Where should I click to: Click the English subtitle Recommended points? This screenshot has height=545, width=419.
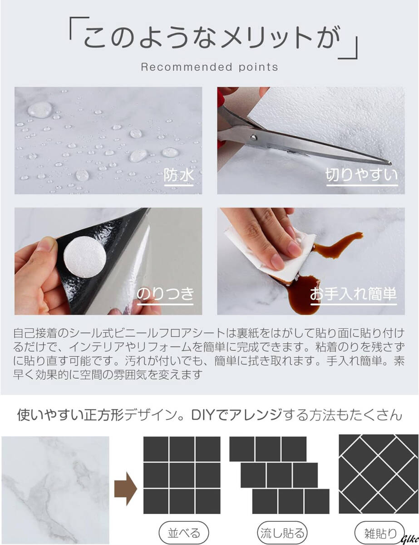pos(209,67)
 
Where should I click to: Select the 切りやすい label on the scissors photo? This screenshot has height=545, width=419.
pos(361,175)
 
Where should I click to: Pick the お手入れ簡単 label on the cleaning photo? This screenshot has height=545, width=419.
pos(353,294)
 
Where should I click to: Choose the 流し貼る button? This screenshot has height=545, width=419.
pos(281,532)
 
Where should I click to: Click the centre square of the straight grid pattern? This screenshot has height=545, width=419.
pos(182,475)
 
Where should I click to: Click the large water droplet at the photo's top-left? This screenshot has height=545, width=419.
pos(39,109)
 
